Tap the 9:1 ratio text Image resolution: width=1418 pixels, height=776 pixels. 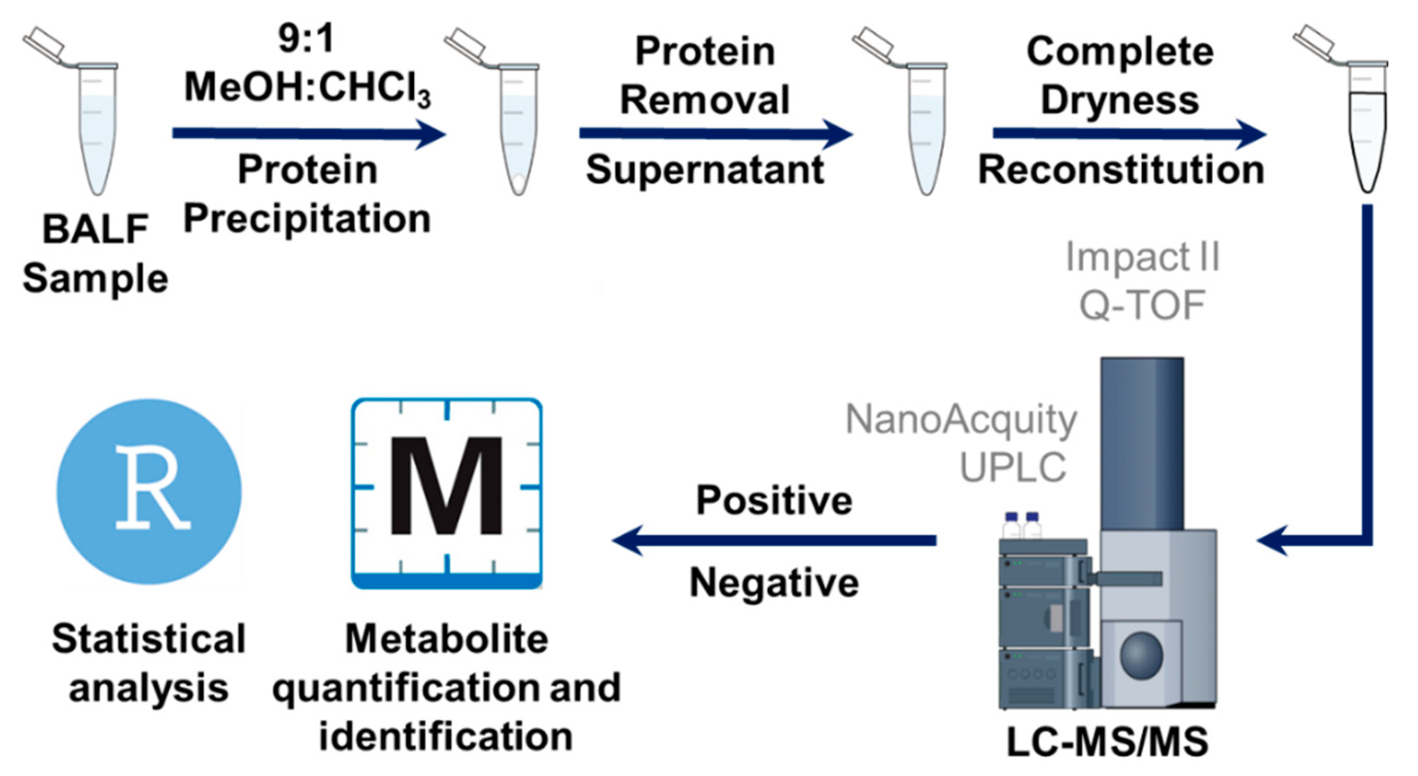click(x=306, y=40)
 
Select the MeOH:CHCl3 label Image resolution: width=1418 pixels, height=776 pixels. click(x=307, y=88)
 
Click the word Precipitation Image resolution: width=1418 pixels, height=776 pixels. click(x=307, y=219)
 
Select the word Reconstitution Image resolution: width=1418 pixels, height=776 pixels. click(x=1121, y=169)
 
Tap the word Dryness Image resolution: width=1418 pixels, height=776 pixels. click(x=1120, y=100)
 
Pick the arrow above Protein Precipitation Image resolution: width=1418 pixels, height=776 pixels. click(x=308, y=134)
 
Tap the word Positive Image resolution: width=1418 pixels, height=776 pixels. click(x=774, y=500)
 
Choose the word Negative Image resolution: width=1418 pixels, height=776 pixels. click(x=774, y=583)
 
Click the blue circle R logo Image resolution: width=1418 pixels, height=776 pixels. click(x=149, y=491)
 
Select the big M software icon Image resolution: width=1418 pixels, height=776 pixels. click(x=447, y=493)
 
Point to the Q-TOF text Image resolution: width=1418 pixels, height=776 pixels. click(x=1143, y=305)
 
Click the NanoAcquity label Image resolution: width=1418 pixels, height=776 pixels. click(x=961, y=420)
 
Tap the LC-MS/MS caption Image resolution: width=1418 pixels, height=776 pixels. click(x=1107, y=742)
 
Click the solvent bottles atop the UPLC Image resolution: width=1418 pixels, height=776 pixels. click(x=1022, y=526)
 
